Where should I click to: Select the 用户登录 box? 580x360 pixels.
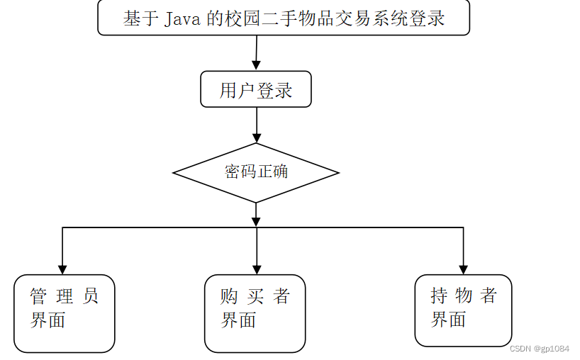255,89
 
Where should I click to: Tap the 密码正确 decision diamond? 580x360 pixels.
256,172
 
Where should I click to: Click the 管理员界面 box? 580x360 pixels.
65,313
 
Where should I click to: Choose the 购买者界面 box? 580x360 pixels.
255,313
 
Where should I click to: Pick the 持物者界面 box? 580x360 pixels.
463,310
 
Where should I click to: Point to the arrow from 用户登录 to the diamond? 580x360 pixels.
256,125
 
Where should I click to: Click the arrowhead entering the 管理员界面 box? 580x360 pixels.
62,269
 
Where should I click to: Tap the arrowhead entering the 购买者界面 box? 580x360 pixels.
256,269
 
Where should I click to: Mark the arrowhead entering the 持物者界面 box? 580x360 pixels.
463,269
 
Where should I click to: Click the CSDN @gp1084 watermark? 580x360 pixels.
540,349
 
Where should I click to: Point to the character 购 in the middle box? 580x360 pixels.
229,296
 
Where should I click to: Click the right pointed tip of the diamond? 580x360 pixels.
338,172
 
